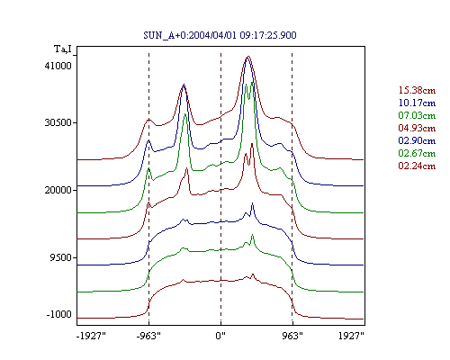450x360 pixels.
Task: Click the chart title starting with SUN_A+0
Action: pos(220,35)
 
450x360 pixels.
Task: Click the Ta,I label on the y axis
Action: pos(63,49)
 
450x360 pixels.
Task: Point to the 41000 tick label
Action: pos(58,66)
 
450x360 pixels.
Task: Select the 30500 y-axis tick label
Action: pos(58,122)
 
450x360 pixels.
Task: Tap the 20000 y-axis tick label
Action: pos(58,190)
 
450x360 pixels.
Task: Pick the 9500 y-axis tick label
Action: pos(61,257)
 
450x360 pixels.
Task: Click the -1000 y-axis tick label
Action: pos(59,314)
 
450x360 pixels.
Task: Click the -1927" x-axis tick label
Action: pos(91,336)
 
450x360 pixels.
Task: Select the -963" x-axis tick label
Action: pos(148,336)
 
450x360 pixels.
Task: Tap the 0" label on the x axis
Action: pos(220,336)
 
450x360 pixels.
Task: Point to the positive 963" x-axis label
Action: pos(292,336)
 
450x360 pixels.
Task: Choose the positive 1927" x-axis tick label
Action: pos(351,336)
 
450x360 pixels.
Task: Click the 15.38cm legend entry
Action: pos(417,90)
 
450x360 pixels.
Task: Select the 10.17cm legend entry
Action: pos(417,103)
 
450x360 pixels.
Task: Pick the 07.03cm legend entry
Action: pos(417,115)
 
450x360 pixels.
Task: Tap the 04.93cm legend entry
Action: pos(417,128)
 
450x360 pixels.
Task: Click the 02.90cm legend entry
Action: pos(417,140)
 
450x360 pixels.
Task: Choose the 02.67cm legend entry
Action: pos(417,153)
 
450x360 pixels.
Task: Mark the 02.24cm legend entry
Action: pos(417,166)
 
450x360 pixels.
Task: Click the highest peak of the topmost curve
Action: pos(247,56)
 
